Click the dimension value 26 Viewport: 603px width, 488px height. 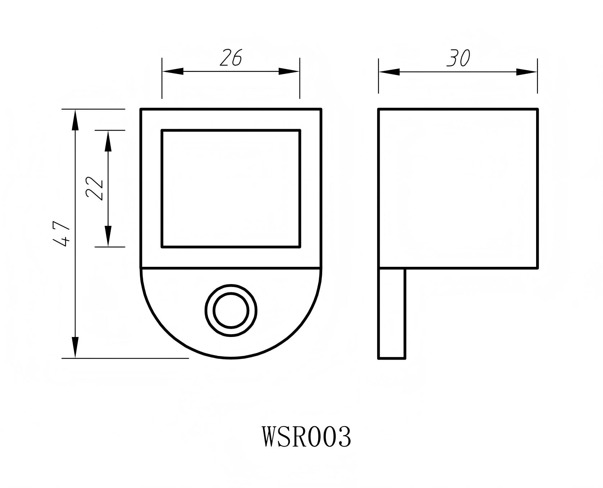[x=230, y=58]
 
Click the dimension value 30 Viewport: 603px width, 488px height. [x=458, y=58]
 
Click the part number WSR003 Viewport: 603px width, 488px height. [x=306, y=437]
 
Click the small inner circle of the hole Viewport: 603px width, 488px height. [x=231, y=310]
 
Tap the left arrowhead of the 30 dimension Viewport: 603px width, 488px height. [x=389, y=72]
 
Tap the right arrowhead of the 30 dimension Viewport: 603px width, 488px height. [x=527, y=72]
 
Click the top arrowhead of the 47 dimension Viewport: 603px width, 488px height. [x=75, y=120]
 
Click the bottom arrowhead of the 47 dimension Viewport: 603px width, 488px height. [x=75, y=347]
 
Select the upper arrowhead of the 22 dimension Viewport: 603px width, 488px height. [x=108, y=141]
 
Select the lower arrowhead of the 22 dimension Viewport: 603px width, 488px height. [x=108, y=236]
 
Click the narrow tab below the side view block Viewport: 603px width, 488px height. [x=392, y=313]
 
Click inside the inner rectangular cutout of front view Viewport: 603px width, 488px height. [x=231, y=188]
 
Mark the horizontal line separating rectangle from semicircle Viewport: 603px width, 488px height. [x=231, y=268]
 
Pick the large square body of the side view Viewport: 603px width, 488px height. [x=458, y=188]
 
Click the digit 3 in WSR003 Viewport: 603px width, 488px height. [x=343, y=437]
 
